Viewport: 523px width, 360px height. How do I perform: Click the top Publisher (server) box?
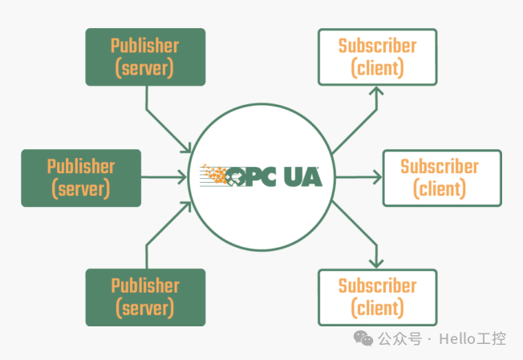click(x=145, y=57)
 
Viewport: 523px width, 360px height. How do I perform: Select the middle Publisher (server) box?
click(x=81, y=178)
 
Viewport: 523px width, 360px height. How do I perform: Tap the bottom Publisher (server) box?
click(x=145, y=297)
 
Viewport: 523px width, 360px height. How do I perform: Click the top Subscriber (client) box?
click(x=377, y=57)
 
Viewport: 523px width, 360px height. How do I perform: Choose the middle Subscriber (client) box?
click(x=442, y=178)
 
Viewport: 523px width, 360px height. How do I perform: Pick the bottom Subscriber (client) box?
click(x=377, y=297)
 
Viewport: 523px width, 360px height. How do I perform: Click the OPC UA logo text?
click(x=278, y=176)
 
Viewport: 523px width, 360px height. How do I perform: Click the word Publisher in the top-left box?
click(x=145, y=46)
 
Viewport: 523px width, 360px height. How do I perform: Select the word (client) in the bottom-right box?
click(x=377, y=308)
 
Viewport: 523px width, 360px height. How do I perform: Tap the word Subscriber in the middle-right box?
click(x=440, y=167)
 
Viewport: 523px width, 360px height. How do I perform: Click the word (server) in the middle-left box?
click(x=81, y=189)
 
